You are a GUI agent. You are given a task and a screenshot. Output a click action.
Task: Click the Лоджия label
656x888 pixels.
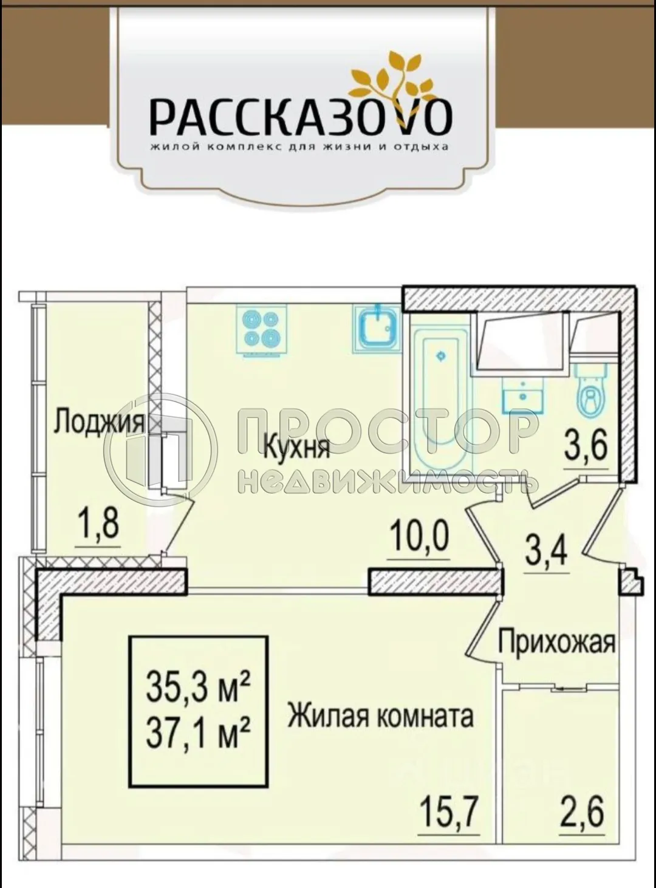(99, 422)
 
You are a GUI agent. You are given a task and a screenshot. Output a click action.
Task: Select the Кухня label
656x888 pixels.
(296, 448)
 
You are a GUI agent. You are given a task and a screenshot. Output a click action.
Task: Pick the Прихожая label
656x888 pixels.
(556, 642)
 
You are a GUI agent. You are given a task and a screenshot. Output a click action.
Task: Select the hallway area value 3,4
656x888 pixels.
(545, 552)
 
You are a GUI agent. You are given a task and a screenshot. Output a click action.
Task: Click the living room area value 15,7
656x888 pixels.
(450, 810)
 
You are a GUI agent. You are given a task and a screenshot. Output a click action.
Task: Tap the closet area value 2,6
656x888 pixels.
(582, 811)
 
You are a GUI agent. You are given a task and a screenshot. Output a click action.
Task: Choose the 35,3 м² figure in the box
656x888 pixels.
(198, 688)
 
